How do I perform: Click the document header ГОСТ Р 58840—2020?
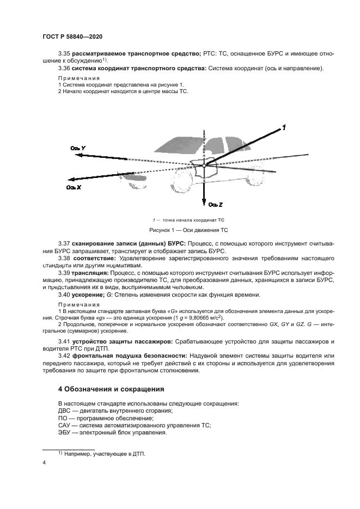pos(72,36)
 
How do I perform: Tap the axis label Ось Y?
pos(77,148)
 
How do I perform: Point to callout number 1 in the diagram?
pos(284,128)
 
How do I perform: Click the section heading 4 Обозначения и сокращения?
pos(111,389)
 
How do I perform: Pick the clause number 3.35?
pos(65,54)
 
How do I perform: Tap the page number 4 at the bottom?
pos(44,463)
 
